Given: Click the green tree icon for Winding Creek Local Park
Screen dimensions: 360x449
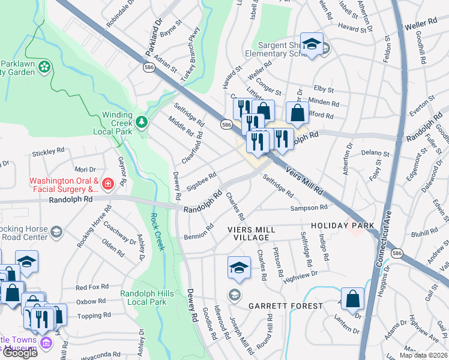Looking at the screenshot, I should click(x=142, y=122).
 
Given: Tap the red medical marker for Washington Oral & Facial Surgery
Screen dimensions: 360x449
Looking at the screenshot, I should click(x=107, y=184).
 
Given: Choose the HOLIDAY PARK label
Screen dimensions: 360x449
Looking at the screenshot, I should click(x=343, y=226).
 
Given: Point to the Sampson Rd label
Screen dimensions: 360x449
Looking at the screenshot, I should click(x=309, y=208).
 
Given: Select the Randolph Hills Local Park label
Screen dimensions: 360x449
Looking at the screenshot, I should click(x=143, y=298).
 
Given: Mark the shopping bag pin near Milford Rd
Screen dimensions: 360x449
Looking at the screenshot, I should click(x=297, y=112).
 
